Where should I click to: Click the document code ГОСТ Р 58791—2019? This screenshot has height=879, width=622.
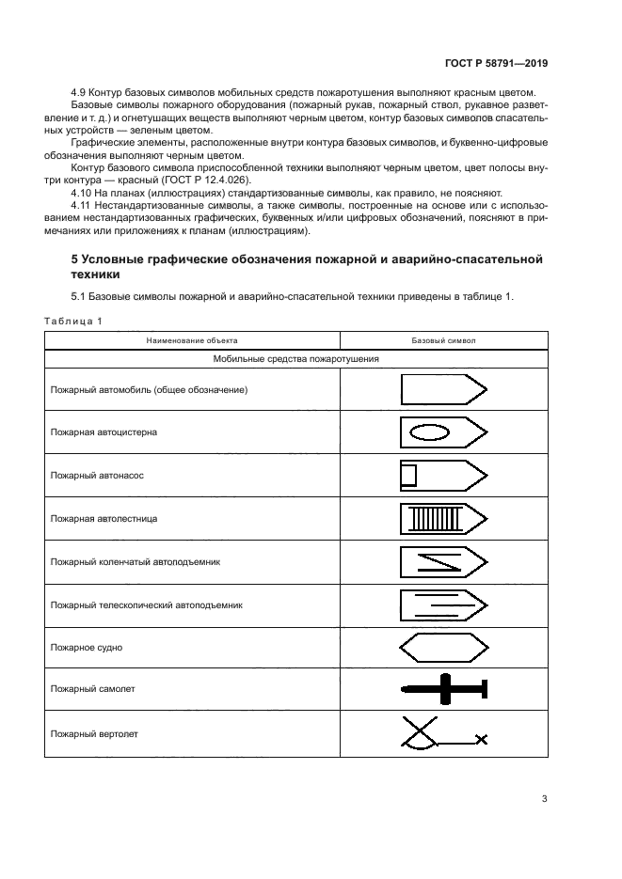pos(496,64)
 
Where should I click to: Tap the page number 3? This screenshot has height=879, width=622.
pos(544,799)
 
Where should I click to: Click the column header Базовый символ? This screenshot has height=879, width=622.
pos(443,340)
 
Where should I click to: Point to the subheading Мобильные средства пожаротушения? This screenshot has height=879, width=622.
pos(296,358)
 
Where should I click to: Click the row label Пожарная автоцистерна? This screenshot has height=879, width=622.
pos(104,432)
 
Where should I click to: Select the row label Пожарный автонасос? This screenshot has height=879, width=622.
pos(97,476)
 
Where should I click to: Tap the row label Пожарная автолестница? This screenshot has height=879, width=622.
pos(104,519)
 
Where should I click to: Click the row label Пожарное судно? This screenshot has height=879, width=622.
pos(87,649)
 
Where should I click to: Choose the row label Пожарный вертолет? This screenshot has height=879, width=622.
pos(95,734)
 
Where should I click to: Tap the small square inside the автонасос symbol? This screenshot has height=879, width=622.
pos(407,476)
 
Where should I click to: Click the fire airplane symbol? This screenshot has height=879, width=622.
pos(443,691)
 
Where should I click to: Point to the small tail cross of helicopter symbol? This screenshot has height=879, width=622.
pos(482,740)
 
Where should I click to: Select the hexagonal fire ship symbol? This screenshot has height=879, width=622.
pos(443,648)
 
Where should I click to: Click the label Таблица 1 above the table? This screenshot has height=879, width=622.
pos(73,321)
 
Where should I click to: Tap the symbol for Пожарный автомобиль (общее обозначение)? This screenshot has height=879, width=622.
pos(443,389)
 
